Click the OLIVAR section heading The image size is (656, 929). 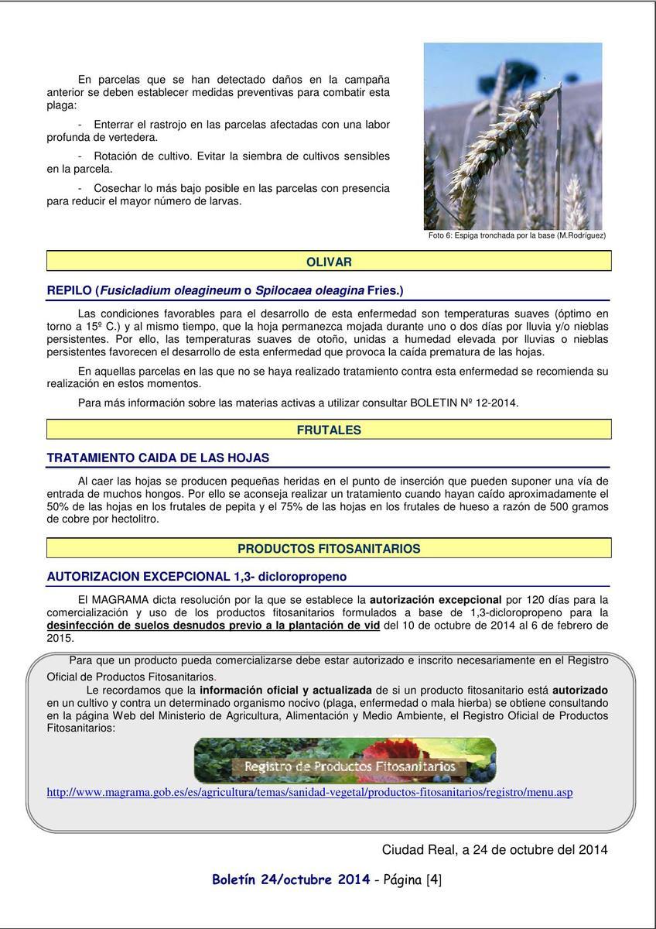pyautogui.click(x=329, y=262)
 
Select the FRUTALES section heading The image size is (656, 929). pyautogui.click(x=329, y=430)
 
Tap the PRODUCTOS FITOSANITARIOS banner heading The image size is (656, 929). pyautogui.click(x=329, y=549)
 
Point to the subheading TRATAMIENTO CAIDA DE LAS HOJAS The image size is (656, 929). pyautogui.click(x=158, y=458)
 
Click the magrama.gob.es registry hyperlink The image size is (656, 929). pyautogui.click(x=309, y=792)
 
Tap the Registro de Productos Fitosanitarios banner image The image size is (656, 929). pyautogui.click(x=345, y=760)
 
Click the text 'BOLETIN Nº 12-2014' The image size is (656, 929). pyautogui.click(x=464, y=403)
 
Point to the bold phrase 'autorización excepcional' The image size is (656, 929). pyautogui.click(x=436, y=599)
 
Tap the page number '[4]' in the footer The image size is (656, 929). pyautogui.click(x=433, y=879)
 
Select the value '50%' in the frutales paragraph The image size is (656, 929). pyautogui.click(x=59, y=506)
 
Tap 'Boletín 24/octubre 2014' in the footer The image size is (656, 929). pyautogui.click(x=291, y=879)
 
